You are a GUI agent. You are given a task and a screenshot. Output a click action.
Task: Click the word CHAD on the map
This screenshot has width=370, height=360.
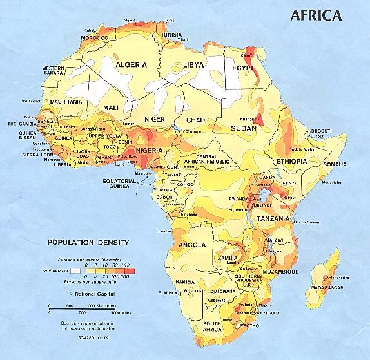point(195,120)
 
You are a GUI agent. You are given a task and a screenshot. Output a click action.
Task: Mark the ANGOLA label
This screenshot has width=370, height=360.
point(192,245)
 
